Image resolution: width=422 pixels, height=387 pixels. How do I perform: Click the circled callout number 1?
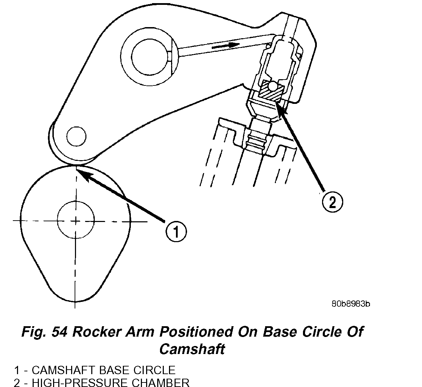coord(176,232)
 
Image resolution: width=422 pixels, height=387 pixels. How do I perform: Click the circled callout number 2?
coord(332,202)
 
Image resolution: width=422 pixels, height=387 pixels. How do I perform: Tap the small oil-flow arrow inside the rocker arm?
coord(226,46)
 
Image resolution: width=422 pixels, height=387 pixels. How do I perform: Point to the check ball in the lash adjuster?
coord(273,86)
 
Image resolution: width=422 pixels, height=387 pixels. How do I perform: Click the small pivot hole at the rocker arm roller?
coord(76,137)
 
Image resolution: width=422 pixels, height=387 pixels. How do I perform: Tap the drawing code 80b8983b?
coord(351,304)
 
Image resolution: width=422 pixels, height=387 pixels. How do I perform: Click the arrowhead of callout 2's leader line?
coord(280,104)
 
